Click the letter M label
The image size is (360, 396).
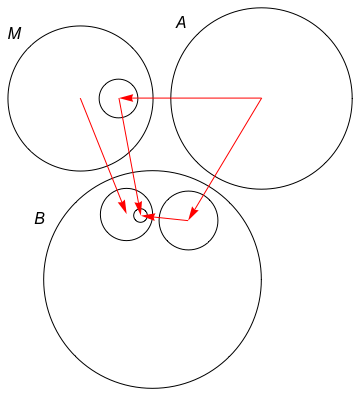pyautogui.click(x=14, y=34)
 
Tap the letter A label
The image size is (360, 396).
pyautogui.click(x=181, y=22)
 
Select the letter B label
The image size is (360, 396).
pyautogui.click(x=39, y=218)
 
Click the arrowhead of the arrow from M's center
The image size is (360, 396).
pyautogui.click(x=121, y=211)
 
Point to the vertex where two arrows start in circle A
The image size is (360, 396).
pyautogui.click(x=261, y=98)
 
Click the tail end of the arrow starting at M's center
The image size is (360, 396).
pyautogui.click(x=81, y=98)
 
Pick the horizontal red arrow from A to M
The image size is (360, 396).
pyautogui.click(x=190, y=98)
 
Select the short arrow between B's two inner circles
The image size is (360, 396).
pyautogui.click(x=166, y=218)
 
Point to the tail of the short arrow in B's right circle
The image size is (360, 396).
pyautogui.click(x=188, y=221)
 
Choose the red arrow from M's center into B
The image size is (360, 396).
pyautogui.click(x=101, y=155)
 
